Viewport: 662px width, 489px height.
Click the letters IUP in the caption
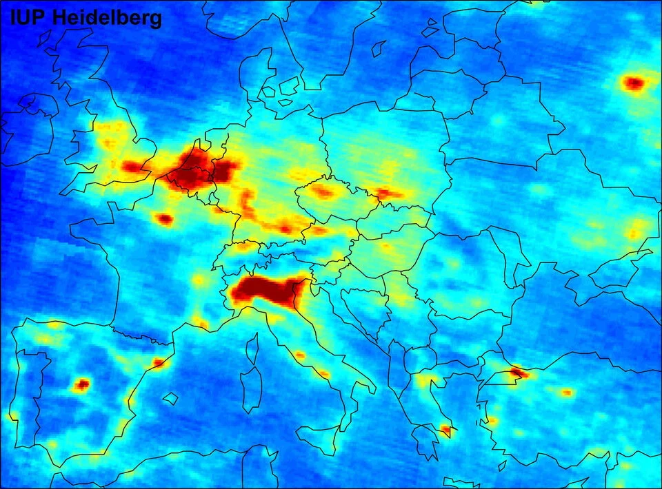pos(29,19)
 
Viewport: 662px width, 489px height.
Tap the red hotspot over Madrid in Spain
pos(82,384)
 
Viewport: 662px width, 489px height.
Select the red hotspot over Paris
pos(164,219)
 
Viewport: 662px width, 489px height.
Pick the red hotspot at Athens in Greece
pos(445,430)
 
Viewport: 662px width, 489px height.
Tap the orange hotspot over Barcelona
pos(159,362)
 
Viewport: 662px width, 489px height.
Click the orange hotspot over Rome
pos(300,355)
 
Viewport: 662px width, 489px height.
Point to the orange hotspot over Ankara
pos(567,393)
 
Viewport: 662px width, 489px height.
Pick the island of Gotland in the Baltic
pos(378,48)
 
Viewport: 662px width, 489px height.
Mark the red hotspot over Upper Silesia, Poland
pos(386,194)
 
